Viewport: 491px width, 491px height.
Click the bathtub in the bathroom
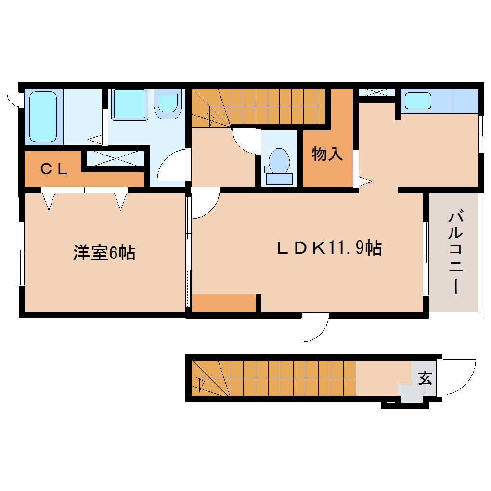click(x=43, y=116)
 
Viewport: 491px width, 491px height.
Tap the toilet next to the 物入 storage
click(x=279, y=164)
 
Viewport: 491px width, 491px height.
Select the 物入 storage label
click(x=327, y=154)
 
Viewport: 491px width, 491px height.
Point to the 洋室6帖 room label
click(x=104, y=253)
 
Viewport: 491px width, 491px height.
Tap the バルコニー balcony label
click(x=455, y=253)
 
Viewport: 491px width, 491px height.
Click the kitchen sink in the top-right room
click(x=417, y=101)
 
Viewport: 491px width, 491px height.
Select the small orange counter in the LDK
click(x=223, y=303)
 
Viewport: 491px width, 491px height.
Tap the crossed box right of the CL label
click(x=116, y=158)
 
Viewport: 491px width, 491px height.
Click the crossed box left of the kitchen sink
click(x=376, y=92)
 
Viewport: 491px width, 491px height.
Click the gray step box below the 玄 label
click(x=410, y=394)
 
